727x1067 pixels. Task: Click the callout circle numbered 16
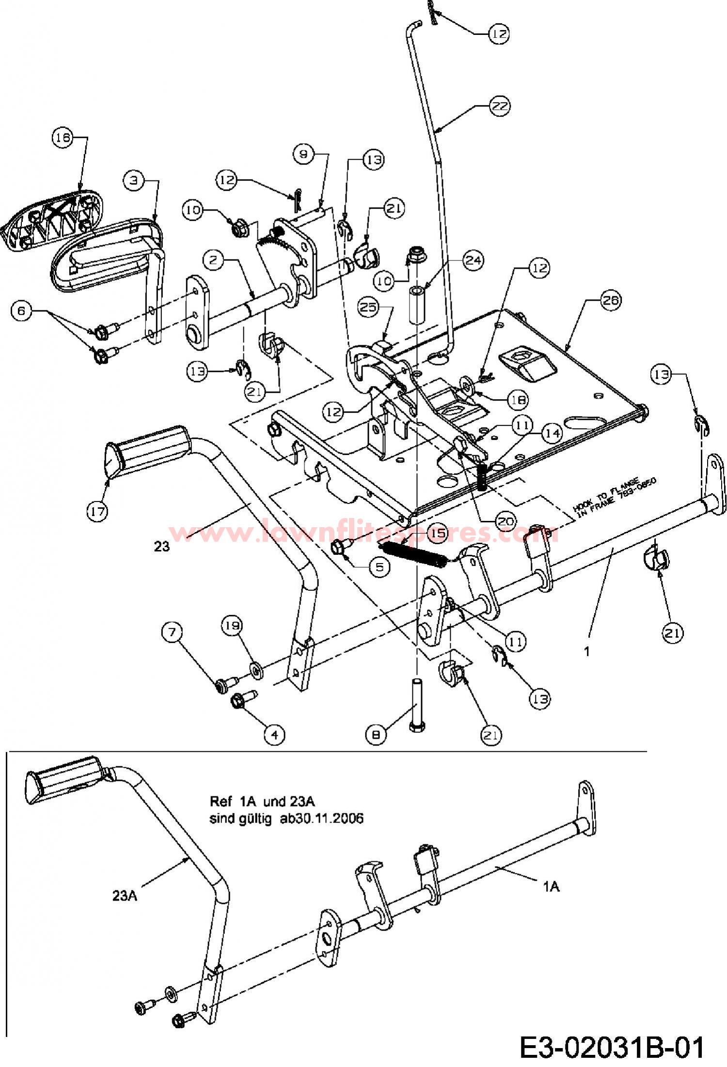(62, 138)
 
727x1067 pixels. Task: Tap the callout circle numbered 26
(610, 301)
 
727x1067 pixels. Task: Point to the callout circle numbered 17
(97, 511)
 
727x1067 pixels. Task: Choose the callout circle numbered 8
(376, 735)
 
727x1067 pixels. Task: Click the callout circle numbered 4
(274, 735)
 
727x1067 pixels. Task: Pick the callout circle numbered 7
(173, 632)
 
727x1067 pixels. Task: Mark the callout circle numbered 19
(232, 626)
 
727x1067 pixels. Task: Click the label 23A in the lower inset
(125, 895)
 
